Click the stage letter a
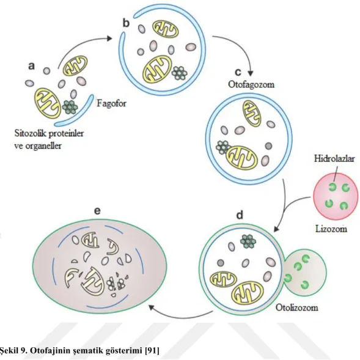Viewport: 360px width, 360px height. (x=31, y=66)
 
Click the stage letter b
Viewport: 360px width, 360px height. (x=126, y=23)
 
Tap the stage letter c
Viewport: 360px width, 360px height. (x=238, y=72)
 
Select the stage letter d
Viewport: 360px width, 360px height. (x=240, y=215)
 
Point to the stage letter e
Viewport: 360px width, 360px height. (x=97, y=211)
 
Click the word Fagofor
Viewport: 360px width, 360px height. (x=111, y=103)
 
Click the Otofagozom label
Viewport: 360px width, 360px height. (x=251, y=84)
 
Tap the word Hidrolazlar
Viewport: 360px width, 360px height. (x=334, y=159)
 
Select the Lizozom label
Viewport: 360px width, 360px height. (x=331, y=229)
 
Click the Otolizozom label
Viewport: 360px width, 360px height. (x=297, y=307)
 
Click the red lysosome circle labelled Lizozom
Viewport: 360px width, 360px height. (x=336, y=196)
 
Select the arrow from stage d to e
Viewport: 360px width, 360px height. (x=182, y=316)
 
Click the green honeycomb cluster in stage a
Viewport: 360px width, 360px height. (x=70, y=107)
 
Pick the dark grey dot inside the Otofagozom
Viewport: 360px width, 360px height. (x=268, y=146)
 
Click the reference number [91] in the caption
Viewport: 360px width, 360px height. (x=152, y=351)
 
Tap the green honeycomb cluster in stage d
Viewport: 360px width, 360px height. (x=248, y=241)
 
